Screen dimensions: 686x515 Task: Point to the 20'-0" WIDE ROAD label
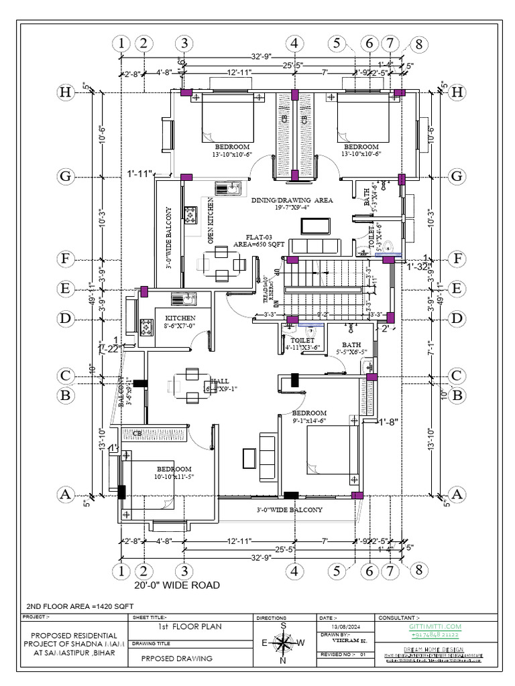(176, 586)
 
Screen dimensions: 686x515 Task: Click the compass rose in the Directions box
(284, 643)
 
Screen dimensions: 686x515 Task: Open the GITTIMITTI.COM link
(435, 626)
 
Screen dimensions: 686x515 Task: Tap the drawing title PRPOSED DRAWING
(177, 659)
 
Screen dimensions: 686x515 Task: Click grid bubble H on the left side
(65, 92)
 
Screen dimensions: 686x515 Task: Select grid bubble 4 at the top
(294, 44)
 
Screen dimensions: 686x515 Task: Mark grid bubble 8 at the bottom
(418, 571)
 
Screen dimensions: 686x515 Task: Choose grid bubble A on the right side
(457, 494)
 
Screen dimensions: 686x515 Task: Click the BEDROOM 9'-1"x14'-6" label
(309, 417)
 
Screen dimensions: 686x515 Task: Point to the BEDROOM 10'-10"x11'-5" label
(174, 472)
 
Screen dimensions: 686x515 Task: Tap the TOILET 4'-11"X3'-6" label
(298, 344)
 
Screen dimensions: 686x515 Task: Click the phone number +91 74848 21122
(435, 633)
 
